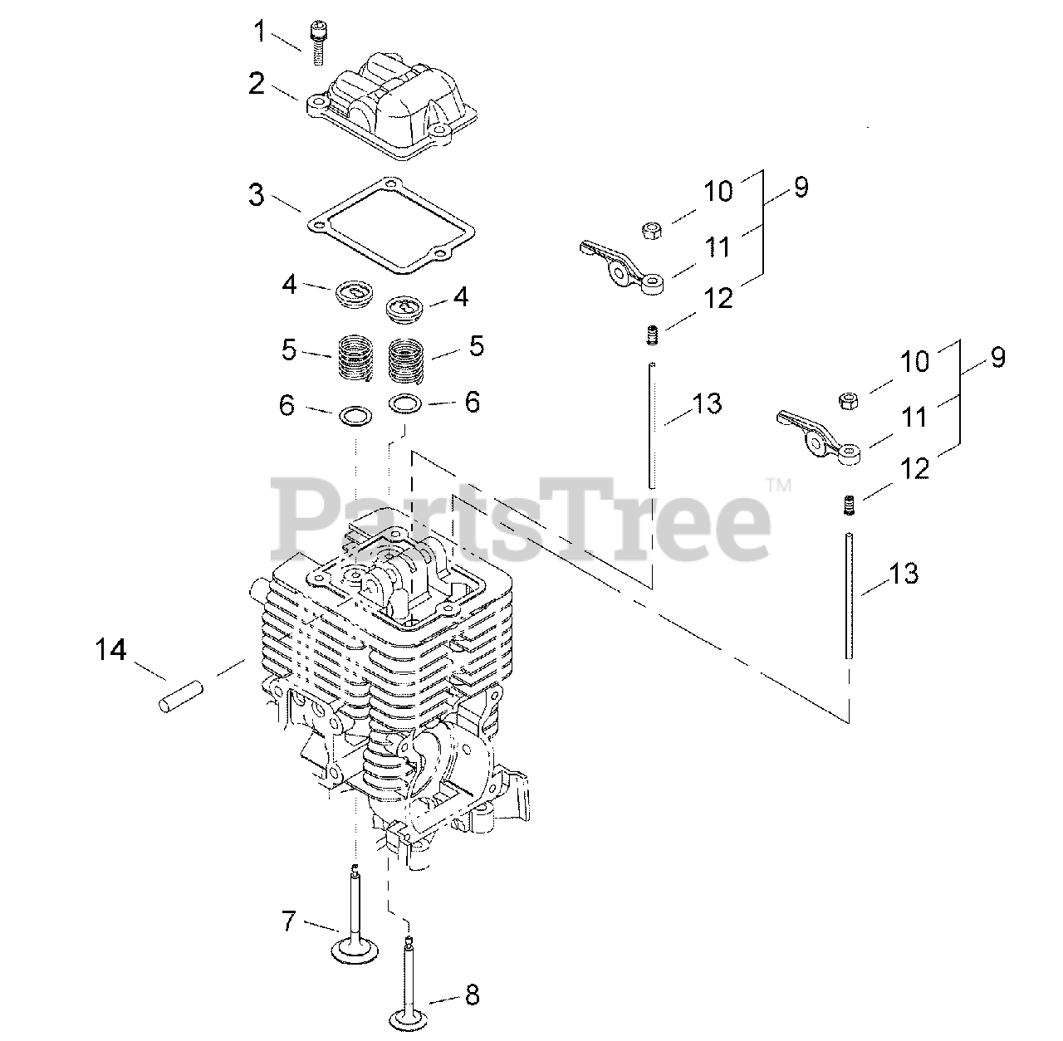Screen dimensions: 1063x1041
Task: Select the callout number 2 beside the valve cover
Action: click(x=257, y=84)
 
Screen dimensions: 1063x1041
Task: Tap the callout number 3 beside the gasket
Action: click(x=256, y=196)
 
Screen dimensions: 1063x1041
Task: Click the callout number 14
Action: click(x=110, y=649)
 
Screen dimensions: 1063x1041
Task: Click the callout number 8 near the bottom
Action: click(x=473, y=995)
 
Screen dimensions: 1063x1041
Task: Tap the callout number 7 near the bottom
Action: click(x=288, y=921)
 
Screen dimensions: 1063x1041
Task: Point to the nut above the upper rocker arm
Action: click(x=651, y=229)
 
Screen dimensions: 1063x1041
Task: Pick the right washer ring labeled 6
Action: click(x=405, y=403)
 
